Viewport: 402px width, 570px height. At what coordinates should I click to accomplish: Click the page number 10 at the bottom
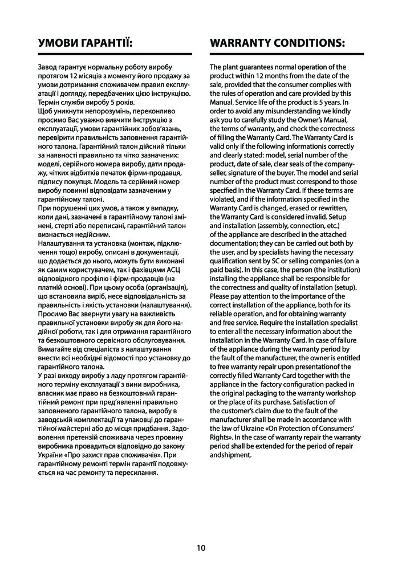201,548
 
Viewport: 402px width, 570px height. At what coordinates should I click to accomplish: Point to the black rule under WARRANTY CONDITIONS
287,54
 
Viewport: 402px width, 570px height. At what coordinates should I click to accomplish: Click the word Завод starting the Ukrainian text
47,67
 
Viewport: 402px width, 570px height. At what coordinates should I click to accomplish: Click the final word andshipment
230,455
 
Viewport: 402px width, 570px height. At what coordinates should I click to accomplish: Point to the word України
51,456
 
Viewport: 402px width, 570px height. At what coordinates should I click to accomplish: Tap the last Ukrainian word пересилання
133,473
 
